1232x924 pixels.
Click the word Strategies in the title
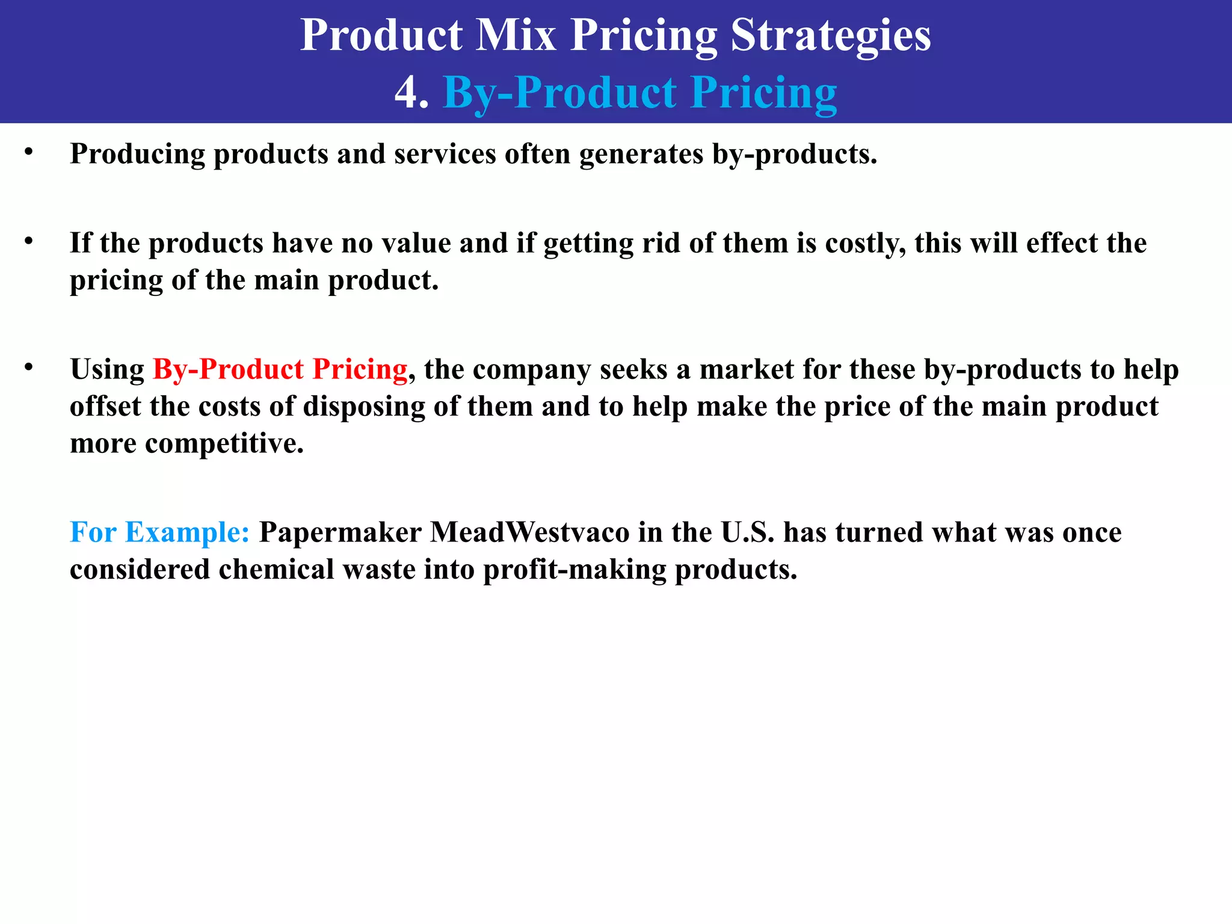tap(830, 36)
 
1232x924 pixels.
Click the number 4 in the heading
tap(407, 94)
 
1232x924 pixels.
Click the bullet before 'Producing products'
tap(28, 152)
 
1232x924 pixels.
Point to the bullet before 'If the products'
tap(28, 242)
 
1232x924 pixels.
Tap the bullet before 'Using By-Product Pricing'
tap(28, 368)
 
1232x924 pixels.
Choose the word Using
tap(107, 370)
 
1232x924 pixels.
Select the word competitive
tap(224, 445)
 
